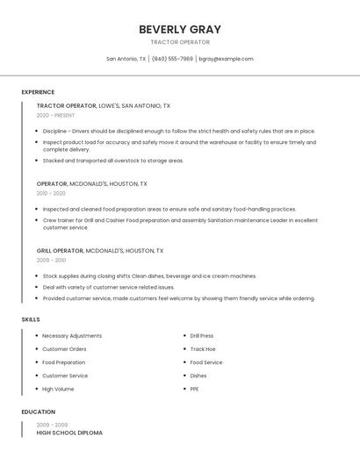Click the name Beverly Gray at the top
(x=180, y=29)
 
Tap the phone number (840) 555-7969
(x=172, y=59)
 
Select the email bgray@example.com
(x=226, y=59)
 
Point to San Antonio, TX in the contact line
(x=126, y=59)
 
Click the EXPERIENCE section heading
(x=38, y=92)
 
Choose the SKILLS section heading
(x=31, y=319)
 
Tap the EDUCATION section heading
(x=38, y=411)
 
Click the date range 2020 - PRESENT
(x=55, y=115)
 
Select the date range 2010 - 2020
(x=51, y=193)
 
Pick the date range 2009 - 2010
(x=51, y=260)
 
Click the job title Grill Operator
(x=60, y=250)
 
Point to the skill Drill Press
(x=202, y=336)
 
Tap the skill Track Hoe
(x=202, y=349)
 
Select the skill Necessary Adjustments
(x=72, y=336)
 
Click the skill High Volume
(x=58, y=389)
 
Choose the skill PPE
(x=194, y=389)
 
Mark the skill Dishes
(x=198, y=376)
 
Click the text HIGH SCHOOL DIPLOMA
(x=69, y=433)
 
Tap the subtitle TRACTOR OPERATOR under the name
(x=180, y=42)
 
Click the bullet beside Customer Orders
(x=37, y=349)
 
